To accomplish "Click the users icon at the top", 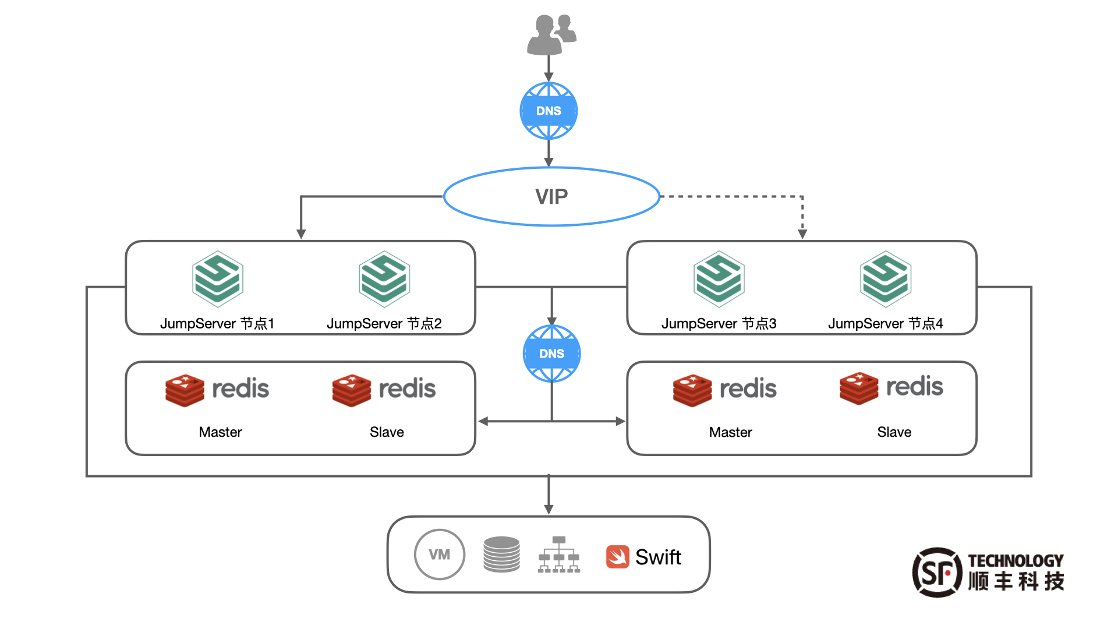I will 551,35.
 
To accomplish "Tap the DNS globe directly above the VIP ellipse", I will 549,111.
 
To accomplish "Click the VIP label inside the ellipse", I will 551,197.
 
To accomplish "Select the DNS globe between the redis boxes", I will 551,354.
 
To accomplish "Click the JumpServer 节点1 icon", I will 218,279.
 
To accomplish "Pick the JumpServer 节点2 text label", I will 384,324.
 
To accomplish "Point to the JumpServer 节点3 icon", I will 719,279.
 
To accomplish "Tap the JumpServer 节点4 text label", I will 886,324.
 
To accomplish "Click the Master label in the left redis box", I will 220,432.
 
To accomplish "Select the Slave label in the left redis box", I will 387,432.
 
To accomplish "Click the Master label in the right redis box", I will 730,432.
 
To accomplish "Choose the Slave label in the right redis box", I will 894,432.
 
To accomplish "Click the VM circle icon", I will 440,554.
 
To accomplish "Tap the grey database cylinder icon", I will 501,554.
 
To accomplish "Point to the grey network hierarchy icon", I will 559,555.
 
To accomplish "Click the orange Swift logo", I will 617,557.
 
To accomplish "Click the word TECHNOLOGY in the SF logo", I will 1016,561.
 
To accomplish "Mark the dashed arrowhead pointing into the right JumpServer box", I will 802,234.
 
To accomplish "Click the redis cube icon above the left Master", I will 185,390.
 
